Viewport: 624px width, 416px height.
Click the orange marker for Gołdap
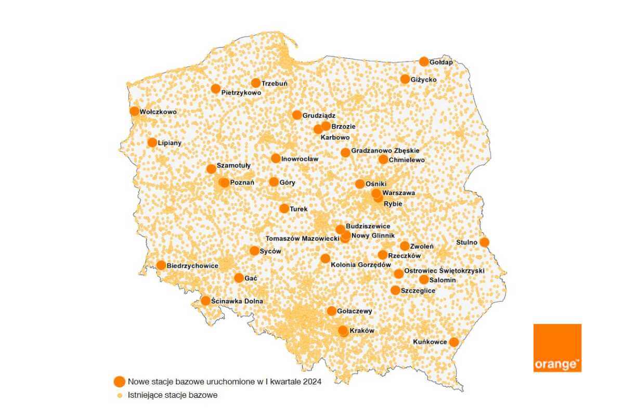click(x=424, y=61)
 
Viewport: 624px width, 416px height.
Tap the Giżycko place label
click(x=424, y=80)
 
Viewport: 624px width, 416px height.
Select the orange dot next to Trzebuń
click(x=256, y=83)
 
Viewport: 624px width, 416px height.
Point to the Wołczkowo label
click(x=159, y=112)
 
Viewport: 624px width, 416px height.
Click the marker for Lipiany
click(x=152, y=142)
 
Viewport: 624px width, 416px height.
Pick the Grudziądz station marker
click(x=297, y=115)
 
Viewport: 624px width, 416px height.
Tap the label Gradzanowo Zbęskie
click(x=385, y=151)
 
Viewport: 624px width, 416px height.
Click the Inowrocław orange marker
click(x=276, y=158)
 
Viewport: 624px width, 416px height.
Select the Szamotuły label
click(x=233, y=165)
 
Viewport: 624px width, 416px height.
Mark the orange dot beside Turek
click(x=284, y=209)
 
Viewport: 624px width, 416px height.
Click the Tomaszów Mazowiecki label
click(x=302, y=238)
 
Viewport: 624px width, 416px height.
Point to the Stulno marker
click(x=484, y=242)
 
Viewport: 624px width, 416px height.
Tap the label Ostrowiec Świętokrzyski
click(x=444, y=271)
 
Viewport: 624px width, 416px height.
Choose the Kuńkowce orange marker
click(x=454, y=342)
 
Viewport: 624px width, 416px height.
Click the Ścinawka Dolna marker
click(x=206, y=301)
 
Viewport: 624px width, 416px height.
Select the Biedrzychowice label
click(x=193, y=266)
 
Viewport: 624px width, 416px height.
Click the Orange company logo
click(x=557, y=348)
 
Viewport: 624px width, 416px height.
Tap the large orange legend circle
click(x=120, y=381)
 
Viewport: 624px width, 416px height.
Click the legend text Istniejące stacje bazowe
click(x=172, y=395)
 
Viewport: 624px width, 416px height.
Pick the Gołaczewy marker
click(x=332, y=311)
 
